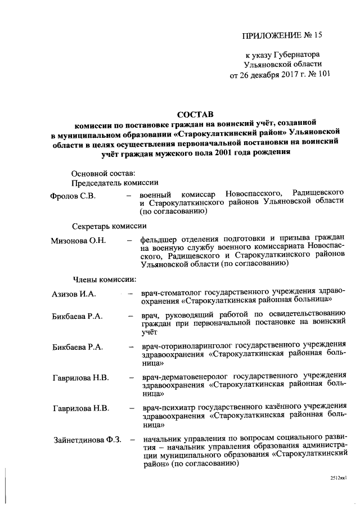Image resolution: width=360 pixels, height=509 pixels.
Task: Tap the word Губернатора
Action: pyautogui.click(x=296, y=55)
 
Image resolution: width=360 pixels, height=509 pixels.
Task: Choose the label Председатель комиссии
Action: pyautogui.click(x=115, y=183)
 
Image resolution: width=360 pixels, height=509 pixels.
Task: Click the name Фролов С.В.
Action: pyautogui.click(x=73, y=196)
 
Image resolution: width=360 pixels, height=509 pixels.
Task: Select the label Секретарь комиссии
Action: pyautogui.click(x=110, y=227)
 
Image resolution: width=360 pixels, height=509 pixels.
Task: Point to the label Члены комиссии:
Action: pyautogui.click(x=103, y=278)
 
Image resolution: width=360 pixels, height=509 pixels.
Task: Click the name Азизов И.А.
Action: pyautogui.click(x=75, y=294)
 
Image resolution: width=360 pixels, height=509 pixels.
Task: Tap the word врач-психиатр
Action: pyautogui.click(x=169, y=407)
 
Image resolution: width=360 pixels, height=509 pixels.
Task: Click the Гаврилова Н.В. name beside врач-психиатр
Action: pyautogui.click(x=81, y=407)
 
